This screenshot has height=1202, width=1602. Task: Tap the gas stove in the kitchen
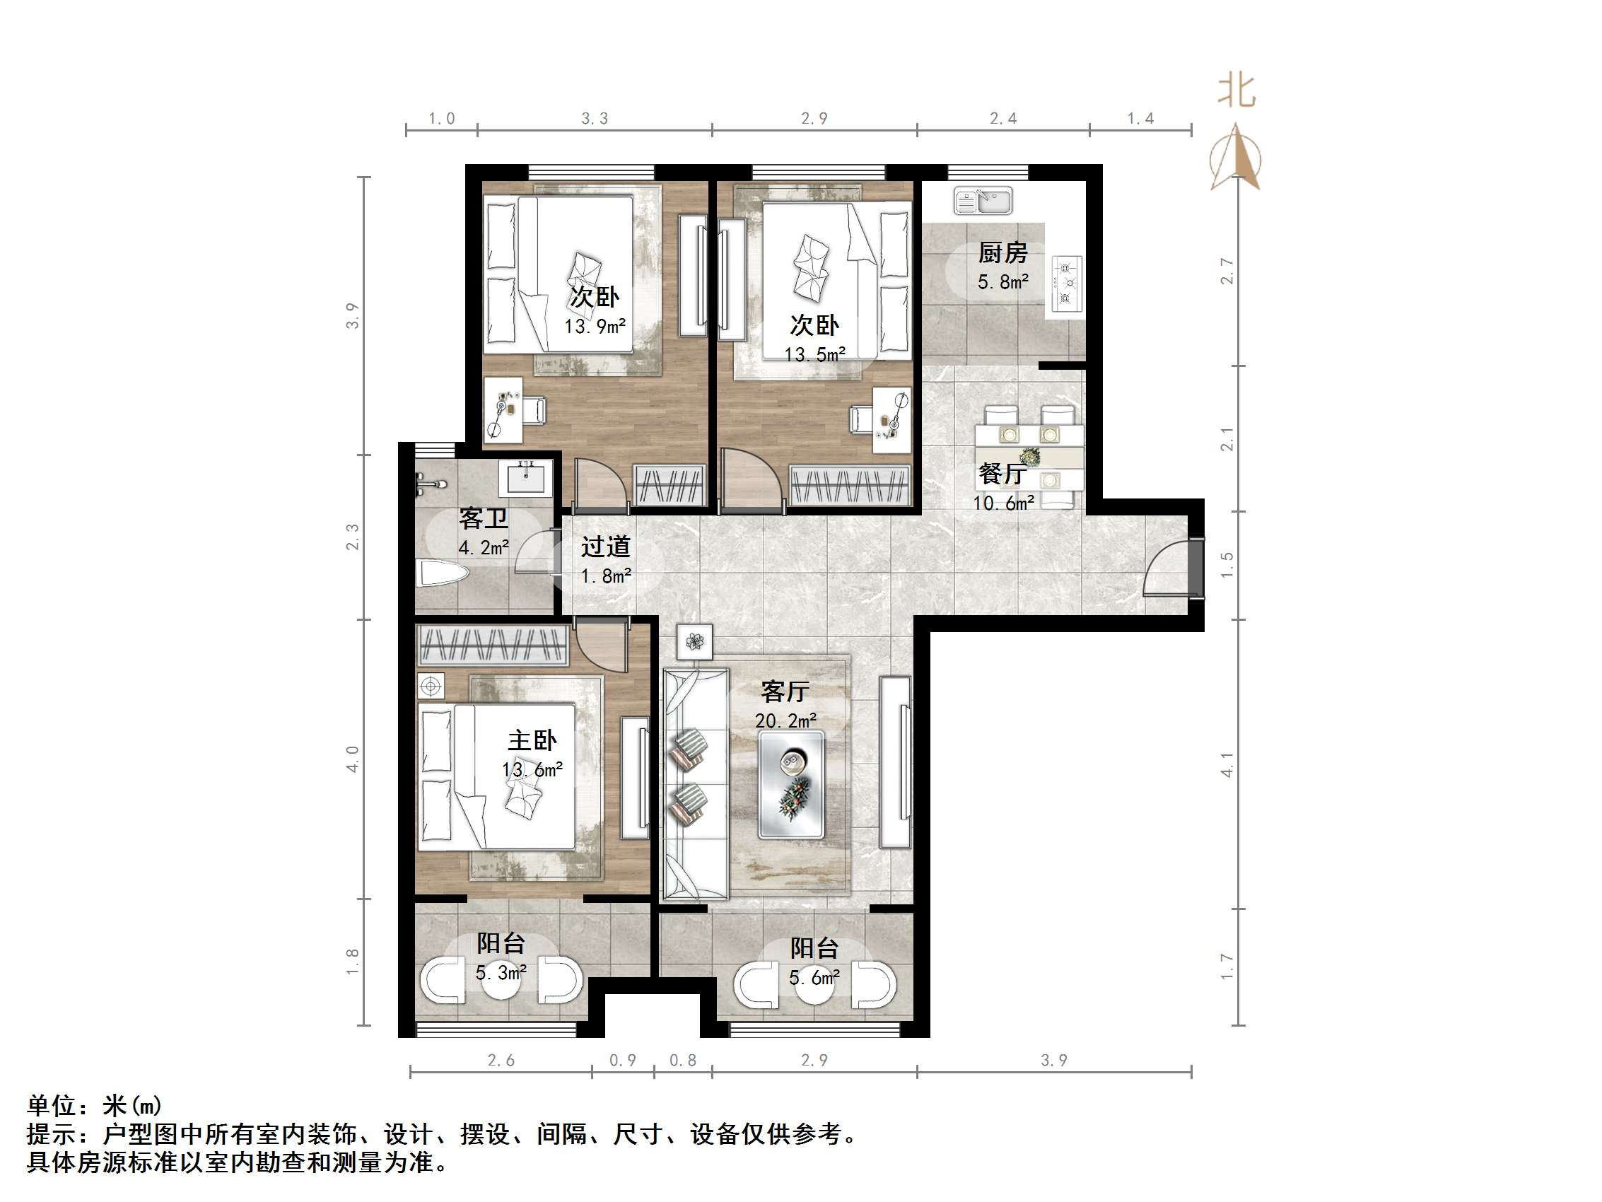(x=1066, y=284)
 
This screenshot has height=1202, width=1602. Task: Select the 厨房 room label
(x=1002, y=253)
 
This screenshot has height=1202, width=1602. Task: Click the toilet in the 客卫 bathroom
(x=441, y=574)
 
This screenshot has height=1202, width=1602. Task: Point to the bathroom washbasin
(x=525, y=478)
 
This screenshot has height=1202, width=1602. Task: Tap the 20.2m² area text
(x=785, y=721)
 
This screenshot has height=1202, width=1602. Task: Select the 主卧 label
(x=532, y=740)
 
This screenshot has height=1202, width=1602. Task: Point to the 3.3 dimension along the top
(x=595, y=118)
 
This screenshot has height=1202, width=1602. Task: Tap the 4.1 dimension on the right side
(x=1227, y=764)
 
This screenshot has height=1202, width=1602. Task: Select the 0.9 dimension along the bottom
(x=622, y=1060)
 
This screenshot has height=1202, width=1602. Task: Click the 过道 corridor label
(x=604, y=547)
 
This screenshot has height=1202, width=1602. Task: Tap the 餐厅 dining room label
(x=1002, y=474)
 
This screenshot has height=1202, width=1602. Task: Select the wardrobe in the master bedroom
(x=492, y=645)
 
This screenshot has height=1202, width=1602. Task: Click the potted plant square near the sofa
(x=694, y=641)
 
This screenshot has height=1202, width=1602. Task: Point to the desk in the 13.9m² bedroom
(x=503, y=409)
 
